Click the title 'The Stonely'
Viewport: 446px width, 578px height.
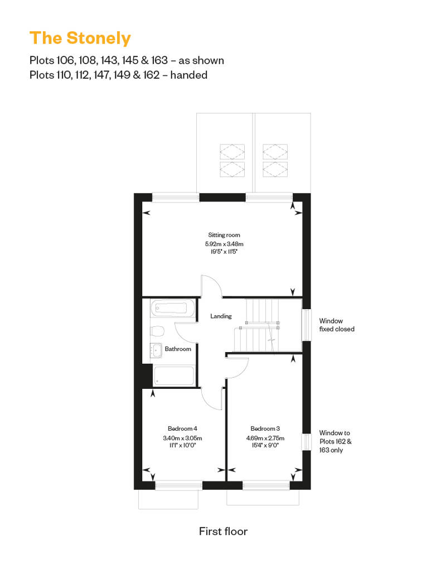pos(80,38)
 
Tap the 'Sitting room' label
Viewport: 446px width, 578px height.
pos(224,235)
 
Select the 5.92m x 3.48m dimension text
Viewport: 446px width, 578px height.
pos(224,244)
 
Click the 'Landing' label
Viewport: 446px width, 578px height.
pos(221,316)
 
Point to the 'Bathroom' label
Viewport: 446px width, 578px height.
pos(178,349)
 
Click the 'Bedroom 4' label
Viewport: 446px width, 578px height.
pos(182,428)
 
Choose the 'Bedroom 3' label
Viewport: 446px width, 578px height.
pos(265,428)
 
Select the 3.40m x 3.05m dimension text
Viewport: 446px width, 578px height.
pos(182,438)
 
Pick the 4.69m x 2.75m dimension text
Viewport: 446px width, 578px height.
pos(265,438)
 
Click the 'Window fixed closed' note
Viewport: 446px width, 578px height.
pos(337,325)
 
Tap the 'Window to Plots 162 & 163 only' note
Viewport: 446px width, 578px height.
pos(335,441)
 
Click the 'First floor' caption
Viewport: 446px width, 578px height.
pos(223,531)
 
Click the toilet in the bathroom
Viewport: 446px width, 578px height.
pos(157,331)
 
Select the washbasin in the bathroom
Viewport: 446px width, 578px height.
pos(156,350)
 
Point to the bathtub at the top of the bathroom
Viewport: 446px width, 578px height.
pos(172,308)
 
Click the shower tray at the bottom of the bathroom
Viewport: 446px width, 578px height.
pos(174,375)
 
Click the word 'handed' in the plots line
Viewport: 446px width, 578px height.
pos(188,75)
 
